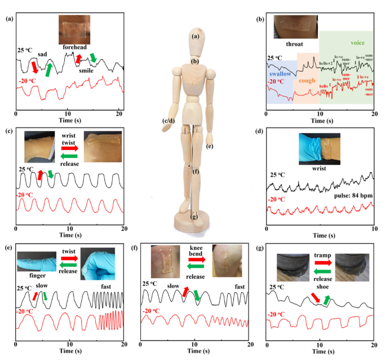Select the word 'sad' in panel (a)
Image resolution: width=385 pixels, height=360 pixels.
click(42, 54)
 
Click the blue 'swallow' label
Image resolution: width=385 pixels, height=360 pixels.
click(280, 74)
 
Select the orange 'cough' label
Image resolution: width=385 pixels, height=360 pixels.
click(307, 81)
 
